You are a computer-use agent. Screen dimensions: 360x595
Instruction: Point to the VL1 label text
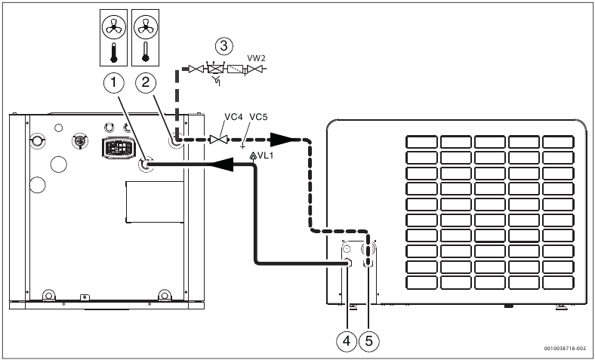pos(263,155)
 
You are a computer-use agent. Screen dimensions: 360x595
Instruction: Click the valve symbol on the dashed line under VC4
pos(219,140)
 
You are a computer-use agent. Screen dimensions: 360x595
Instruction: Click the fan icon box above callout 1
pos(112,31)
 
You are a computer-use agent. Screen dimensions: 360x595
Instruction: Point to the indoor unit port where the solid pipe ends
pos(146,163)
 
